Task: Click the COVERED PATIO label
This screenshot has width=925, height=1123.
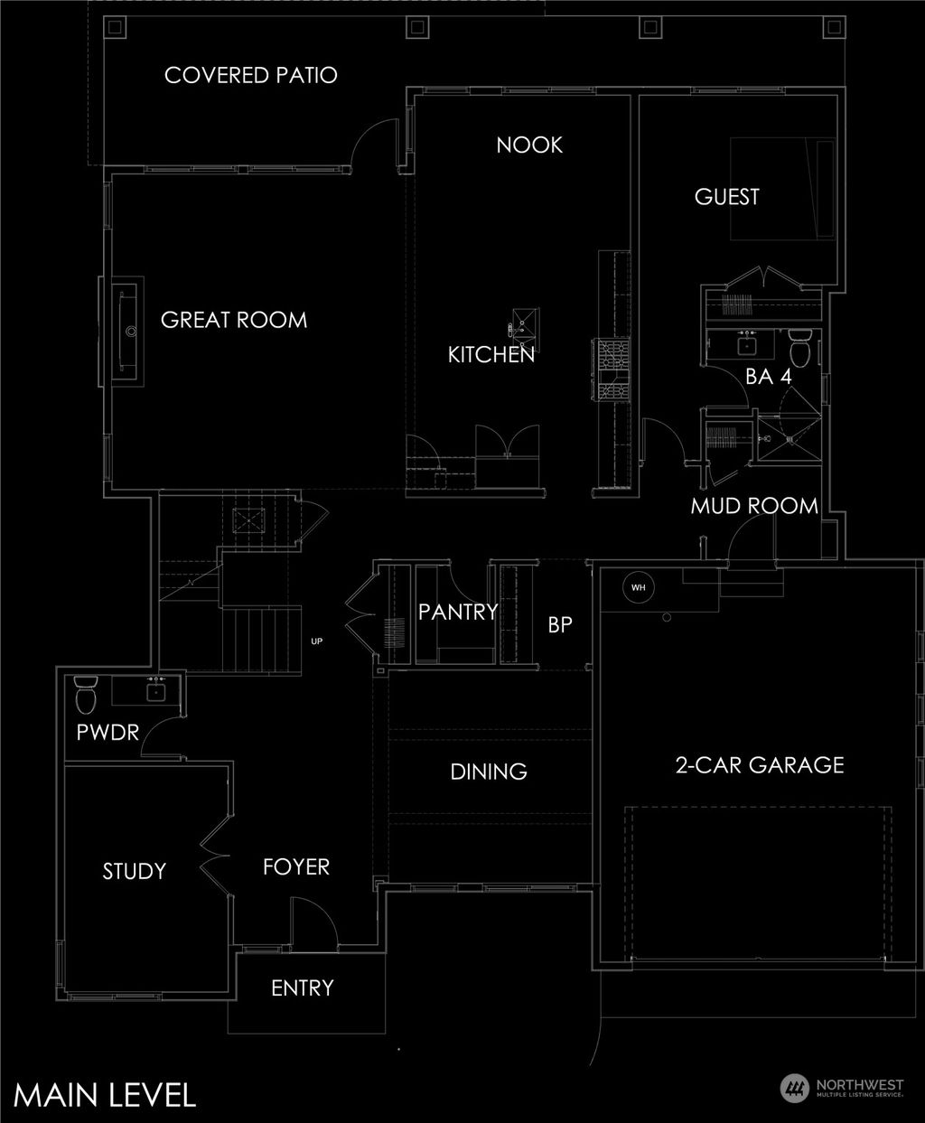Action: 251,75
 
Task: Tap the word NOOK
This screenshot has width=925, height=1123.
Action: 529,145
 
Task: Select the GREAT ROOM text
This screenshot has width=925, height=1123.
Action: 234,320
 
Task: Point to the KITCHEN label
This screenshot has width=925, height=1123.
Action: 491,355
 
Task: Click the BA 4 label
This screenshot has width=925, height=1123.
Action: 769,378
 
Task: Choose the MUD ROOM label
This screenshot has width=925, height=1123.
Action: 754,507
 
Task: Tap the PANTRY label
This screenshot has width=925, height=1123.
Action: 458,612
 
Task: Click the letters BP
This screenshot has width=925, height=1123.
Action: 560,624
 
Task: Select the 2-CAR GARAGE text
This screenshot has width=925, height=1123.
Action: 759,765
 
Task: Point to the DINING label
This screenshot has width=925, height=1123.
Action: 489,772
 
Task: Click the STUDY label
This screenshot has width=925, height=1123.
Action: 135,871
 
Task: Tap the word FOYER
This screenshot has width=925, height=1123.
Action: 296,867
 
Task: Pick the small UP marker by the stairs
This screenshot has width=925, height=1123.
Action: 316,641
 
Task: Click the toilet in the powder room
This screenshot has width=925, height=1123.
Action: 86,696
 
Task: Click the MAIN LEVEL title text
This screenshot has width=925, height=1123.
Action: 106,1094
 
